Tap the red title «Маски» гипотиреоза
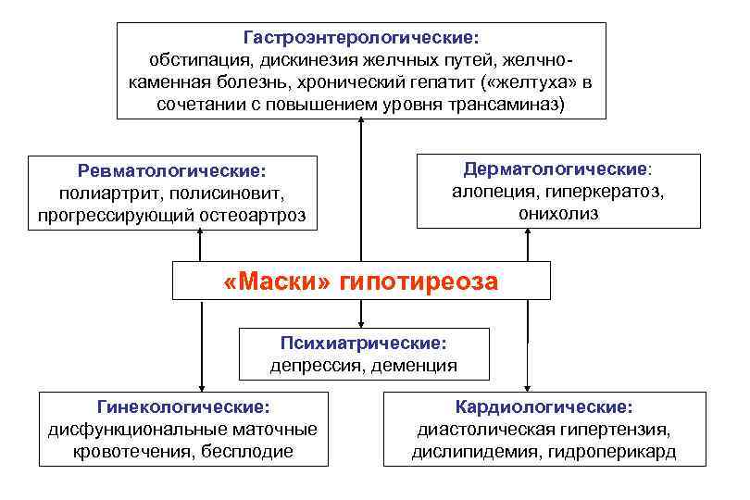coord(361,281)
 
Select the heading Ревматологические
coord(171,171)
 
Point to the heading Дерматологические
coord(556,169)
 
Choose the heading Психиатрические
coord(364,344)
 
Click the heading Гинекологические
coord(184,406)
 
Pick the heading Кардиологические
coord(544,406)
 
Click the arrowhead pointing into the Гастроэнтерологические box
coord(361,125)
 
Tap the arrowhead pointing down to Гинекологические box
coord(200,386)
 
